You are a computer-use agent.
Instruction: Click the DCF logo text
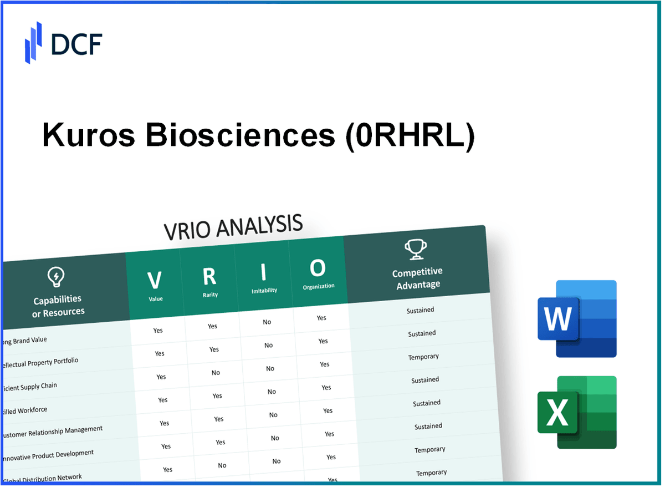pyautogui.click(x=76, y=44)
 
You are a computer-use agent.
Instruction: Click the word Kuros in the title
pyautogui.click(x=89, y=135)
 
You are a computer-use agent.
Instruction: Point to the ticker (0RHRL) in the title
pyautogui.click(x=410, y=135)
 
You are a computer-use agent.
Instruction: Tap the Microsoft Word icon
pyautogui.click(x=577, y=318)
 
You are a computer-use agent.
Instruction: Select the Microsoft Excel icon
pyautogui.click(x=577, y=412)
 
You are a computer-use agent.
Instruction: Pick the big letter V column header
pyautogui.click(x=155, y=280)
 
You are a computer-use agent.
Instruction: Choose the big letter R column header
pyautogui.click(x=209, y=276)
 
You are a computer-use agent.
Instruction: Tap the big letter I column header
pyautogui.click(x=263, y=272)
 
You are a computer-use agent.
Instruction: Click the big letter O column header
pyautogui.click(x=318, y=268)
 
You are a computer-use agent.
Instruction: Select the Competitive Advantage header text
pyautogui.click(x=417, y=278)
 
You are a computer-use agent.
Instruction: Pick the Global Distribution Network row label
pyautogui.click(x=42, y=478)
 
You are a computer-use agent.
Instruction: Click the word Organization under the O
pyautogui.click(x=319, y=287)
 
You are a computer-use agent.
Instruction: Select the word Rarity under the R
pyautogui.click(x=209, y=295)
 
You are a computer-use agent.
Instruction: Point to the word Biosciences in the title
pyautogui.click(x=241, y=135)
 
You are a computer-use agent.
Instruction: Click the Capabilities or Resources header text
pyautogui.click(x=58, y=306)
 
